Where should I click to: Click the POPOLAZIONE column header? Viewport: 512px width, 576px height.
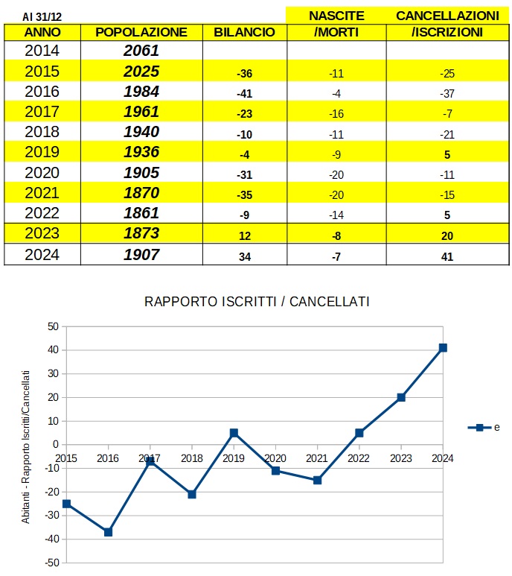tap(141, 32)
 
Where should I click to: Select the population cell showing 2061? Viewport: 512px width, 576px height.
tap(141, 51)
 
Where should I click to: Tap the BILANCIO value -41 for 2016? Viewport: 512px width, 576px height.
tap(245, 94)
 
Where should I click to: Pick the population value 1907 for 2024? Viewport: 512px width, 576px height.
tap(141, 255)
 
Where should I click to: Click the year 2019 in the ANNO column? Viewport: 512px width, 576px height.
tap(42, 152)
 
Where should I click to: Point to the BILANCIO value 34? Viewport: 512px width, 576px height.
tap(245, 257)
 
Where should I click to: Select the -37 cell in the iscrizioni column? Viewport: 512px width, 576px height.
tap(447, 94)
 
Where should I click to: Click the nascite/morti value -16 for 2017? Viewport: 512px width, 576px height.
tap(336, 114)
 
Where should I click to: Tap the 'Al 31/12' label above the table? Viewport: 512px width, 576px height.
tap(42, 17)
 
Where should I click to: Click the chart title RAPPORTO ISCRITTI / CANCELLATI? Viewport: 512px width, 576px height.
tap(257, 302)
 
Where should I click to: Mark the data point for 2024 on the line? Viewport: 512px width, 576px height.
tap(443, 347)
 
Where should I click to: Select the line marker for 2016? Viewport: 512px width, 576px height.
tap(108, 532)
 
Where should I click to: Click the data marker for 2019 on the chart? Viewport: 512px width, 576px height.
tap(234, 433)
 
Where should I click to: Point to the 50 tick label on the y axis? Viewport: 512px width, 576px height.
tap(53, 326)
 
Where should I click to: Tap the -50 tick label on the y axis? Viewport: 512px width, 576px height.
tap(51, 563)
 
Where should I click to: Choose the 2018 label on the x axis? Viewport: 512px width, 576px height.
tap(192, 458)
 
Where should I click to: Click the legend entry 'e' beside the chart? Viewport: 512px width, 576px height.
tap(484, 427)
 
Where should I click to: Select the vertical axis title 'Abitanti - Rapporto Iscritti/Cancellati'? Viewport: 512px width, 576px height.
tap(25, 446)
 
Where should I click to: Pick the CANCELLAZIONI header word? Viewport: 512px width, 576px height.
tap(447, 16)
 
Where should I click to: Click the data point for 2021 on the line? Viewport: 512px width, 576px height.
tap(317, 480)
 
